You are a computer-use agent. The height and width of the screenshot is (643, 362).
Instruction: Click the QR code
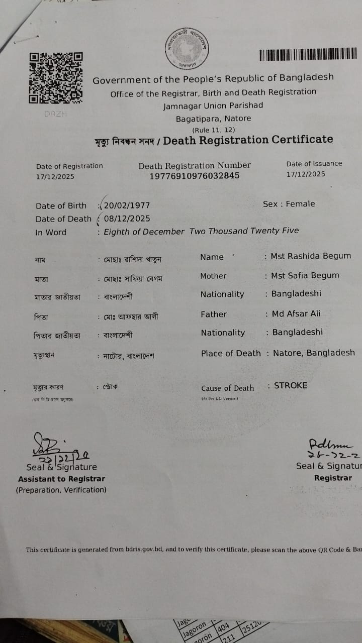tap(56, 78)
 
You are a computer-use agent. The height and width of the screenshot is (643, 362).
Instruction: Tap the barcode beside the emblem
tap(308, 55)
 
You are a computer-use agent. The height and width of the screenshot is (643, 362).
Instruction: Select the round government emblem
tap(187, 49)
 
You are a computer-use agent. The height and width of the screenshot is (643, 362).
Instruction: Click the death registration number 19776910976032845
tap(195, 176)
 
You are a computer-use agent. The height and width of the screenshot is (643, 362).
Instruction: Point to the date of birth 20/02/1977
tap(127, 205)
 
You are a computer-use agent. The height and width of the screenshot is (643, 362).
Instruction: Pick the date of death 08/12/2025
tap(127, 219)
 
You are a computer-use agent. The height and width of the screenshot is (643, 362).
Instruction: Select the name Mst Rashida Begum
tap(311, 256)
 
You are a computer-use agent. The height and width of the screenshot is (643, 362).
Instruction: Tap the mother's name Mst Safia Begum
tap(305, 275)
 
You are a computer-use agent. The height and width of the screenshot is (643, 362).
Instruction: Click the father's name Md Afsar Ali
tap(296, 313)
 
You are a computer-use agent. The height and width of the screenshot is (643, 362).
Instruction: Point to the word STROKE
tap(291, 386)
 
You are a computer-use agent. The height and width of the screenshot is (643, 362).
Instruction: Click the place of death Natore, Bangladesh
tap(314, 353)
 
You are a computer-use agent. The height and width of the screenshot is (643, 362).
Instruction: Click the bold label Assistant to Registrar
tap(62, 479)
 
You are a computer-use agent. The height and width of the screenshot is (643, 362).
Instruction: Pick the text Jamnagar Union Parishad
tap(213, 105)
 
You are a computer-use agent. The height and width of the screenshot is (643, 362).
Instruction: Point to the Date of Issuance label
tap(314, 164)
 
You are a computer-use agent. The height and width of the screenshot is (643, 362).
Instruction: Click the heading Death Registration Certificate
tap(248, 140)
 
